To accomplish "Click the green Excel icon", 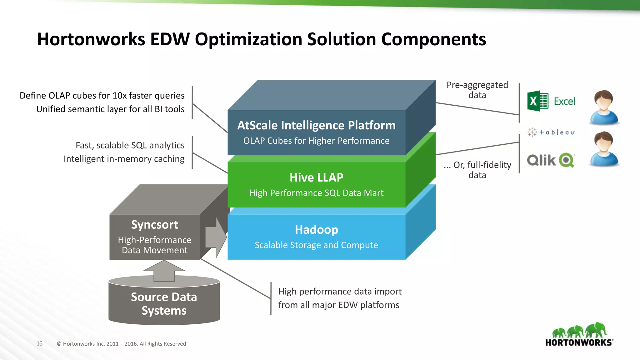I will [x=537, y=101].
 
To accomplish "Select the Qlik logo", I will [x=551, y=160].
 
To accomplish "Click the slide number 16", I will [x=39, y=343].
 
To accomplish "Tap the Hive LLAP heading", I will [x=316, y=177].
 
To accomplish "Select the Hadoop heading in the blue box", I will [x=316, y=230].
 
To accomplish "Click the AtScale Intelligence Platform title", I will [x=316, y=125].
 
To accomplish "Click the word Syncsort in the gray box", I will [x=154, y=225].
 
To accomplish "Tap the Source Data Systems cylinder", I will [x=164, y=303].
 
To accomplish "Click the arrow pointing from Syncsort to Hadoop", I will [x=216, y=237].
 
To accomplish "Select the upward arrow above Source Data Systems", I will [x=164, y=271].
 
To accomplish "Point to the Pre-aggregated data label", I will [x=477, y=90].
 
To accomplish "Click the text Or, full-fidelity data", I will [x=477, y=170].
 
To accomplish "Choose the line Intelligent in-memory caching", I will [x=124, y=159].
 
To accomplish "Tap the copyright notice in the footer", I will [x=121, y=344].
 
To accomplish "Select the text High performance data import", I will [x=340, y=291].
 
